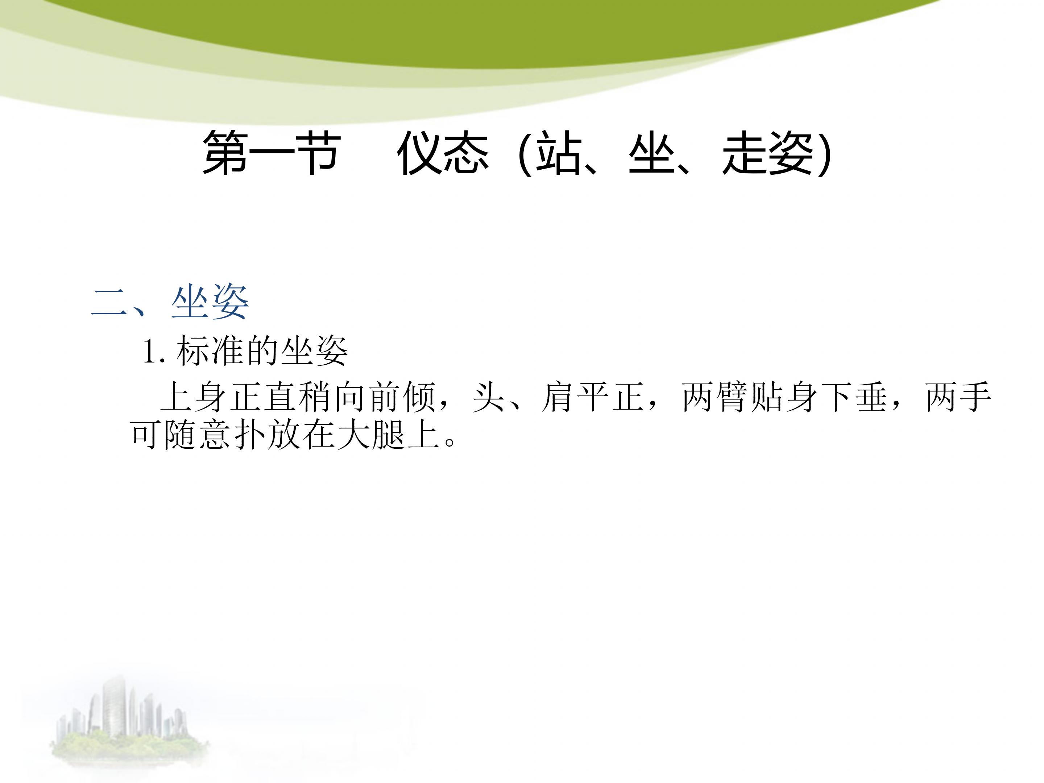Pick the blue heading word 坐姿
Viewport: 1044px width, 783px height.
210,302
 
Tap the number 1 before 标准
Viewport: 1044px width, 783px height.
150,352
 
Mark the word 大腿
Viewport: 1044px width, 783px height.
370,434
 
